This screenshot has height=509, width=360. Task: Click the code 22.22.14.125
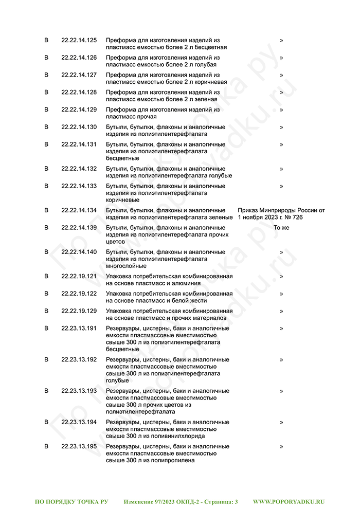[79, 40]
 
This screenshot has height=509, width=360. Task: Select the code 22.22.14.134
[79, 210]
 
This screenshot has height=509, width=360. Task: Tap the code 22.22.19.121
[79, 276]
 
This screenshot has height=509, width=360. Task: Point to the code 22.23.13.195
[79, 446]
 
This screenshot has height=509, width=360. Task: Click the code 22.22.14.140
[79, 252]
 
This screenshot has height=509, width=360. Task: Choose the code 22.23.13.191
[79, 328]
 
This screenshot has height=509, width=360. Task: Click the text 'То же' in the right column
[281, 227]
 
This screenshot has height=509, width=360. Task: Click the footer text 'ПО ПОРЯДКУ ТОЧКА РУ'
[71, 501]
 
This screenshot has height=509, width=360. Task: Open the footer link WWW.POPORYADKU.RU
[289, 501]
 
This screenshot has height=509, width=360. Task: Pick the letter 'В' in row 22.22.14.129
[46, 110]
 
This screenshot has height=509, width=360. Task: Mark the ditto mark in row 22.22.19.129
[281, 311]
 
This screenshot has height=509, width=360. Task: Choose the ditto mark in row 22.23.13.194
[281, 422]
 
